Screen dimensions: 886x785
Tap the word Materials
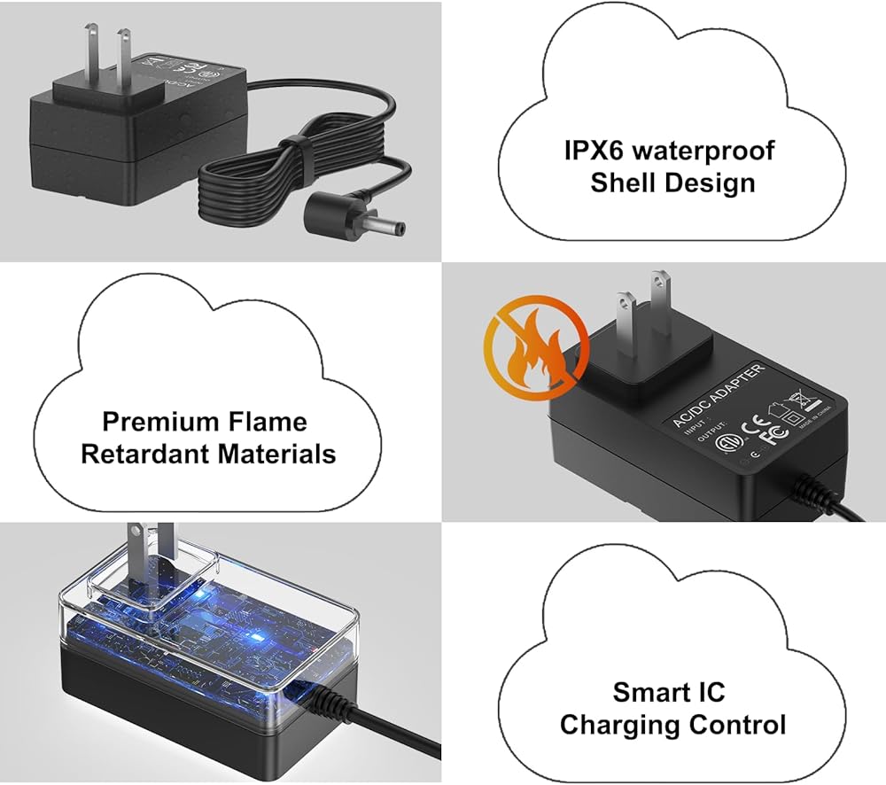277,454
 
